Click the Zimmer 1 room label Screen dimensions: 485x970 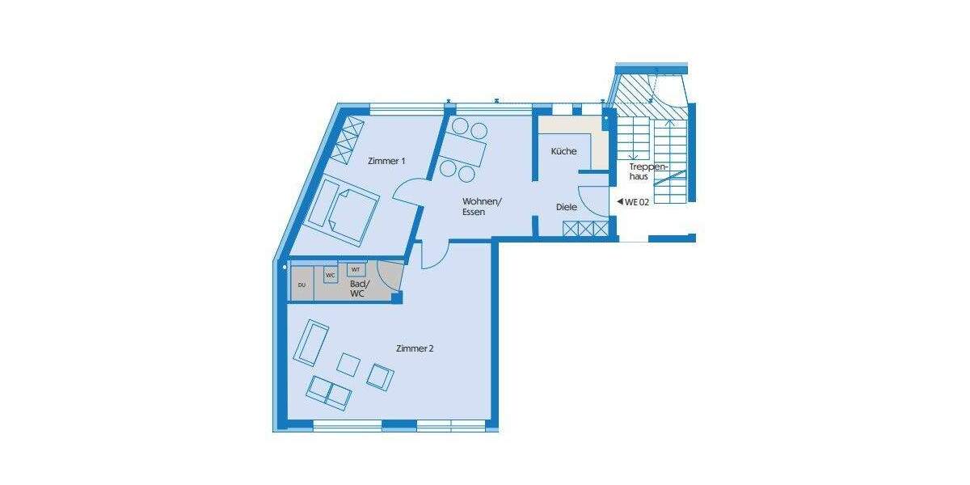tap(386, 161)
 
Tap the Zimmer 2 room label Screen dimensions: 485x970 tap(415, 349)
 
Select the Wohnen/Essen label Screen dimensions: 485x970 tap(482, 207)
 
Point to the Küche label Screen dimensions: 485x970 tap(563, 152)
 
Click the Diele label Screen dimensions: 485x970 tap(567, 207)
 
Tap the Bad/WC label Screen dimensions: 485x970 tap(357, 289)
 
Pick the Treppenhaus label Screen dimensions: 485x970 tap(648, 171)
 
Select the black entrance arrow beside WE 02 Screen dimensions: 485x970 tap(618, 201)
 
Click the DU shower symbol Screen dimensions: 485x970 tap(302, 285)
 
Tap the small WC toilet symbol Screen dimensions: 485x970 tap(330, 276)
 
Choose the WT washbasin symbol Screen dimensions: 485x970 tap(356, 269)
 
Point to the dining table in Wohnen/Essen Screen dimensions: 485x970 tap(463, 151)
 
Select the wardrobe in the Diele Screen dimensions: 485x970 tap(585, 230)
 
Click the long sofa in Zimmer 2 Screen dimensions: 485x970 tap(310, 343)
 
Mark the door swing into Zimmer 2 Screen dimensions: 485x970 tap(433, 255)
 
